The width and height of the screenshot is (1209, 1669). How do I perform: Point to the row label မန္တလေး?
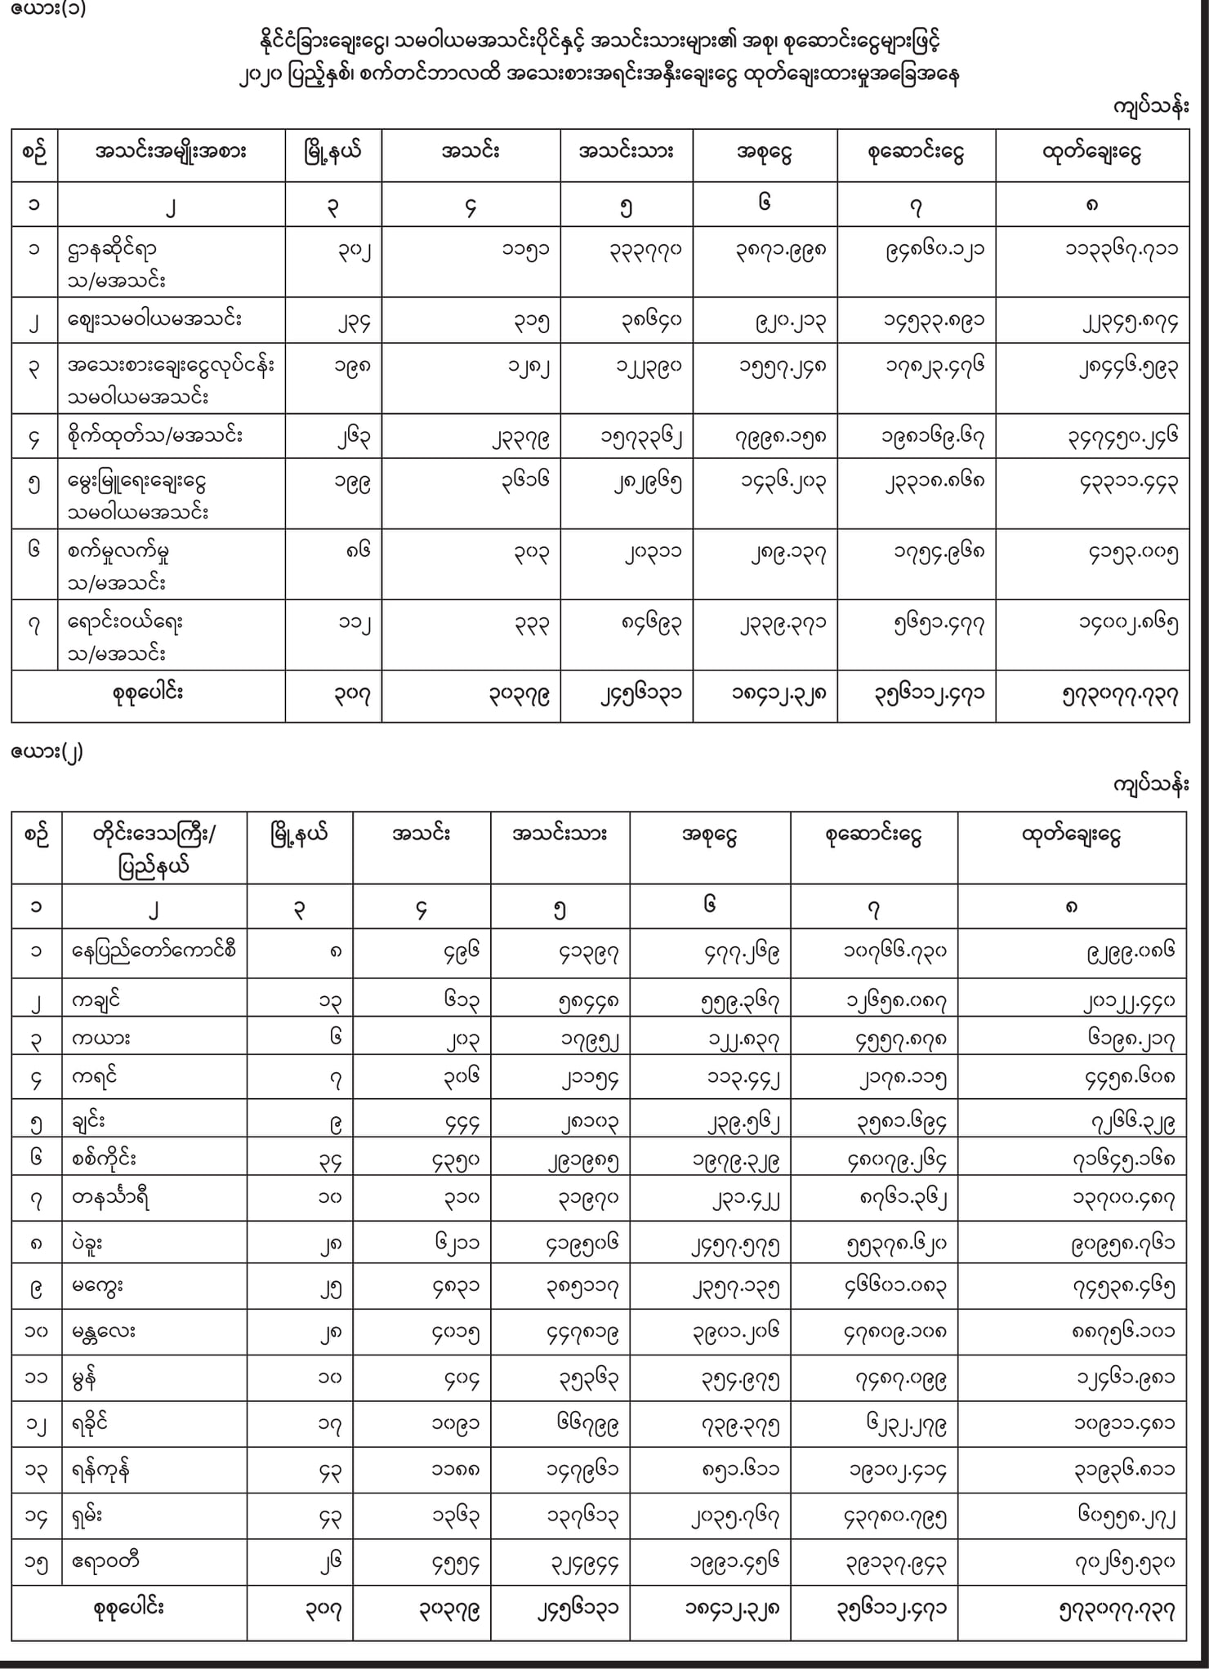(104, 1332)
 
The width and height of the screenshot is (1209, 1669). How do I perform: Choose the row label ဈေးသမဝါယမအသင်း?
(154, 319)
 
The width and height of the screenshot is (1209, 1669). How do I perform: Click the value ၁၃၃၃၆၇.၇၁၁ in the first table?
(1121, 249)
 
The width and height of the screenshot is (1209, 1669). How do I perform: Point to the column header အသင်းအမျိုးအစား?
(170, 153)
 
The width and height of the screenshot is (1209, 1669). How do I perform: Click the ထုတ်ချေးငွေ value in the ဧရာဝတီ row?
(1124, 1563)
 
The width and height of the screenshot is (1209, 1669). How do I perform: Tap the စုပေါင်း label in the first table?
(148, 693)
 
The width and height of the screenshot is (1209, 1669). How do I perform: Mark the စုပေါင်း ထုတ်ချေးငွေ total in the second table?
(1117, 1609)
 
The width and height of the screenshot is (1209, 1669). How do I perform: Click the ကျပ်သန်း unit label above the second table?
(1150, 785)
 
